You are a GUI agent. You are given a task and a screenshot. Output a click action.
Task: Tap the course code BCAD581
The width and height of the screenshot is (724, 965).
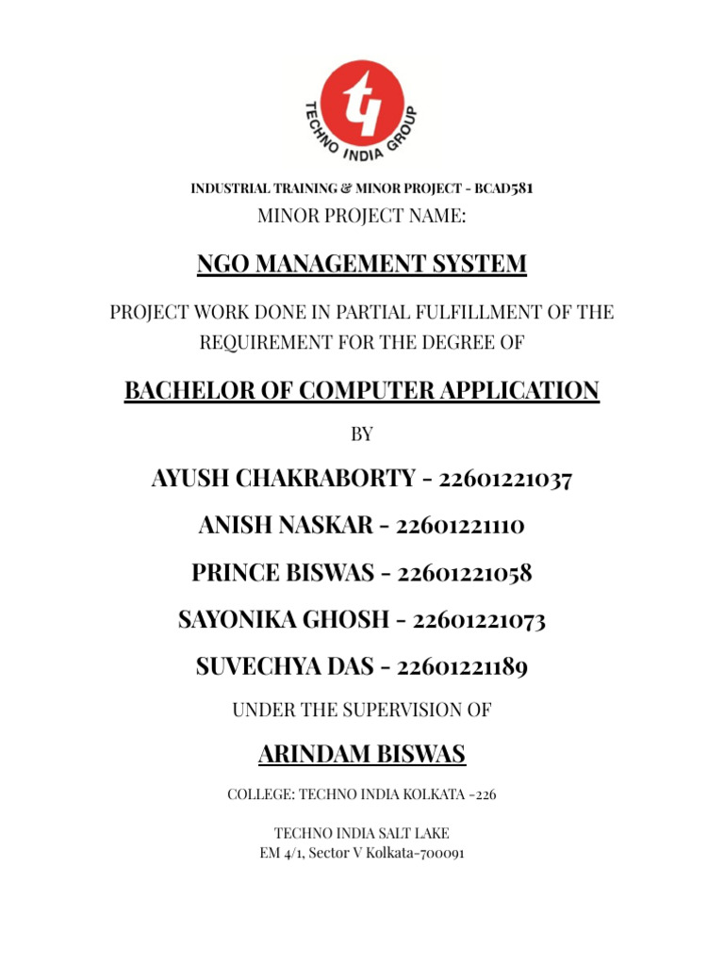504,188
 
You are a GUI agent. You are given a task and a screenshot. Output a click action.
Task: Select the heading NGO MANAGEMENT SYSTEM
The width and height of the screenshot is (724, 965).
362,265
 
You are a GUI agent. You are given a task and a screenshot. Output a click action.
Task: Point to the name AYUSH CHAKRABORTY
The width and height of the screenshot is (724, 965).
283,479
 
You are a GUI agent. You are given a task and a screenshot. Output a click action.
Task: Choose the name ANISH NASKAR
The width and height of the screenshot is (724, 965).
286,526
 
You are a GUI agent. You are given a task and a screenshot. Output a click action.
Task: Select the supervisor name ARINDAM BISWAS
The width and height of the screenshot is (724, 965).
362,755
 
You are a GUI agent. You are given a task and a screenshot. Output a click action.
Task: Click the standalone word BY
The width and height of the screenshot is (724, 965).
362,434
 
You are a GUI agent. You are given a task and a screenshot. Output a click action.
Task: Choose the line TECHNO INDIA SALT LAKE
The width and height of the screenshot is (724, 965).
362,833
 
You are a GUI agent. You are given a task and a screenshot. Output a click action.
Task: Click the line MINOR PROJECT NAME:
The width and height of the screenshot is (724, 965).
362,218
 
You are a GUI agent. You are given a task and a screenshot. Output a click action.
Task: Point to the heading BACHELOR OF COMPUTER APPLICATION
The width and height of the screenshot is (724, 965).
362,390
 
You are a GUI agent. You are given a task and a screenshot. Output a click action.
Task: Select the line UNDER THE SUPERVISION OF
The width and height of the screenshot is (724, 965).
362,711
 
